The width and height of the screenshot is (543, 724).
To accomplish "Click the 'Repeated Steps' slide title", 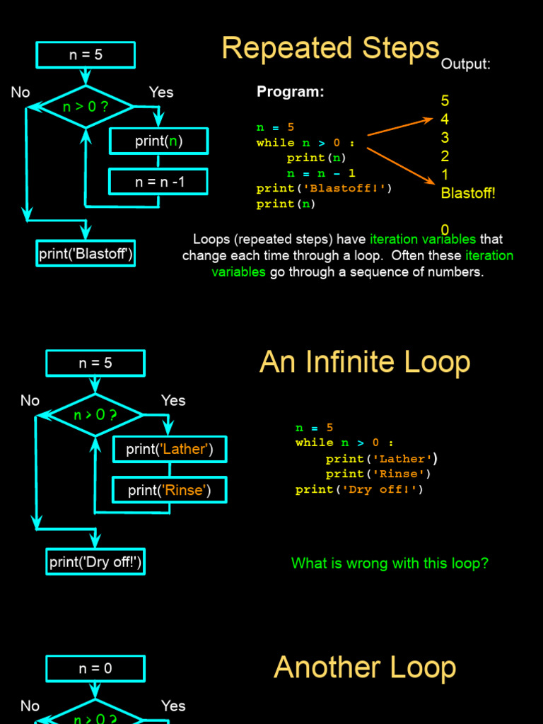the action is tap(330, 48).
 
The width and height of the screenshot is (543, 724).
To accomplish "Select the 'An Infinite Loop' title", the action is tap(364, 362).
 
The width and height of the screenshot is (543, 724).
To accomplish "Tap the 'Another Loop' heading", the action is tap(364, 667).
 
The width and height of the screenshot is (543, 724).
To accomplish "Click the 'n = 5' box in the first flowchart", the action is tap(86, 54).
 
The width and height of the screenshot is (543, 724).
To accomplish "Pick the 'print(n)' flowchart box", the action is tap(159, 141).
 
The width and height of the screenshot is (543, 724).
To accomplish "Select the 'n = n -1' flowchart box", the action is tap(159, 182).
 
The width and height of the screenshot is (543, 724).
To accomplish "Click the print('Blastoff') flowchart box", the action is tap(86, 253).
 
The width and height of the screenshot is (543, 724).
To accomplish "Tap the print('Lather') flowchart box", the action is tap(170, 449).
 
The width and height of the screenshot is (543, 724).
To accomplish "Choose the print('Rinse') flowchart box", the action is tap(170, 489).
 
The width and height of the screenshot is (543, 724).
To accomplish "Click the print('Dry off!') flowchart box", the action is tap(95, 562).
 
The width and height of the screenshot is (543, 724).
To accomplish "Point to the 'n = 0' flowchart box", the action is tap(95, 668).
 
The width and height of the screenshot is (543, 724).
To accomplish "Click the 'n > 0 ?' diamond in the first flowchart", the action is tap(86, 107).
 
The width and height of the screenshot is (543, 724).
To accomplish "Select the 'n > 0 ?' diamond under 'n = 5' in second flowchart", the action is tap(95, 414).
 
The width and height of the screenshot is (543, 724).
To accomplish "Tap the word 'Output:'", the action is tap(465, 64).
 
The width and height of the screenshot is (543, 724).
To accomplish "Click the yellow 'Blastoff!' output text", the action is tap(468, 193).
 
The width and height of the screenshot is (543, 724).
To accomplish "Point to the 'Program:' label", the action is tap(290, 92).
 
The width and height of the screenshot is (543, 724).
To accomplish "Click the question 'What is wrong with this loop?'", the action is tap(390, 564).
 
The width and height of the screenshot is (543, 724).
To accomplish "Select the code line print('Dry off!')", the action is tap(359, 489).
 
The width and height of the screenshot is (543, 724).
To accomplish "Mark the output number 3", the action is tap(445, 138).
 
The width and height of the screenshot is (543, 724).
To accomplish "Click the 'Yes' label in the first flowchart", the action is tap(161, 92).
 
